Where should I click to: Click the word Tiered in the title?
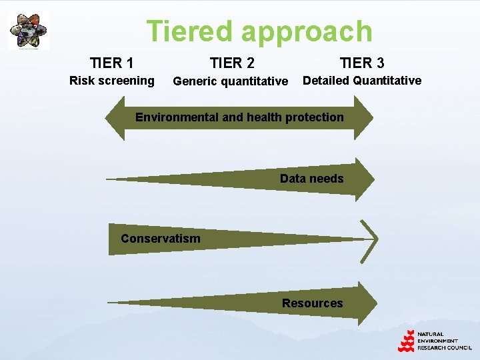tap(189, 31)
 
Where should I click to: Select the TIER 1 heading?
tap(112, 63)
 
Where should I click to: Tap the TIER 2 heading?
tap(232, 63)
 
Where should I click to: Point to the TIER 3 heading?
tap(362, 63)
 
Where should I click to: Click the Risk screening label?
tap(112, 81)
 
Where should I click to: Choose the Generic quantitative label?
tap(230, 82)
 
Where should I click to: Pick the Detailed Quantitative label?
tap(362, 81)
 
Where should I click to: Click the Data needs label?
tap(311, 179)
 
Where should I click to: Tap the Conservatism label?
tap(160, 239)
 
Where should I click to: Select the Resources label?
tap(312, 303)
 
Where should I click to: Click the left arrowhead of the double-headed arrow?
tap(115, 118)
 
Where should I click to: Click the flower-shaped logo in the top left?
tap(28, 30)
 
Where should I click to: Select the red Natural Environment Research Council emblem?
tap(407, 341)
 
